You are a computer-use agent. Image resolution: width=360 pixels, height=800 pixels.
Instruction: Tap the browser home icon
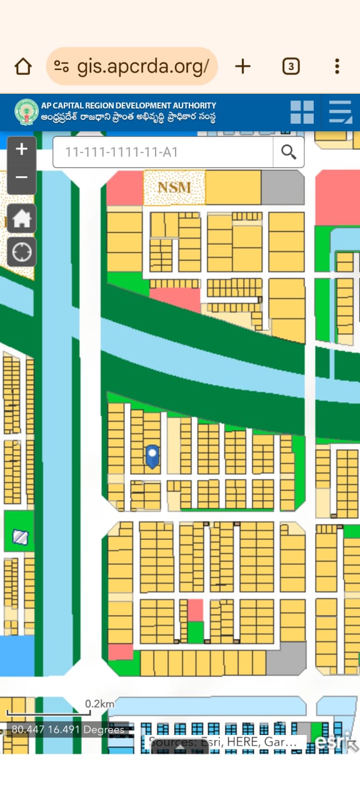tap(23, 66)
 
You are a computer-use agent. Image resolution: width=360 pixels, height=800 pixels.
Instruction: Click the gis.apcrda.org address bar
tap(132, 66)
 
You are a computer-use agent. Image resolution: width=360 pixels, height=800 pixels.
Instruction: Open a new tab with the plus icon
tap(242, 66)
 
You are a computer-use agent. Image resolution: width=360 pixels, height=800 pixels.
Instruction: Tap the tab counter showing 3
tap(291, 66)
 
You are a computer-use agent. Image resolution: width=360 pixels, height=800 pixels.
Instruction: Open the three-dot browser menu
tap(337, 66)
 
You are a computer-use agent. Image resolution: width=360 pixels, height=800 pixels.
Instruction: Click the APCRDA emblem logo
tap(26, 112)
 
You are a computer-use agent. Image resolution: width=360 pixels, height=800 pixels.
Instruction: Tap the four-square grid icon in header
tap(302, 112)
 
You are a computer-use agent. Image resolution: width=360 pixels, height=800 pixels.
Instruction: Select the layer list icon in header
tap(341, 112)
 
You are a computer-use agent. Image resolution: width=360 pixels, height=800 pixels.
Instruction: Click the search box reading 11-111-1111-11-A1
tap(162, 152)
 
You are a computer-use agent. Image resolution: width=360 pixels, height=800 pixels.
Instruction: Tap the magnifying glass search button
tap(289, 152)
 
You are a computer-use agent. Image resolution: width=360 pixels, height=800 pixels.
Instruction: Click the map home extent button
tap(22, 219)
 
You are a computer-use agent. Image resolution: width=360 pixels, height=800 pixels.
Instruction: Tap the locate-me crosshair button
tap(22, 252)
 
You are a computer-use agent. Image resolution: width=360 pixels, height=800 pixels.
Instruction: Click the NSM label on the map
tap(174, 187)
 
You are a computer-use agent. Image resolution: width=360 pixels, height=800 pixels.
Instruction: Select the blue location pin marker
tap(152, 456)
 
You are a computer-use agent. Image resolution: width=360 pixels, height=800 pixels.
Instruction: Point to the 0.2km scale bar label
tap(100, 704)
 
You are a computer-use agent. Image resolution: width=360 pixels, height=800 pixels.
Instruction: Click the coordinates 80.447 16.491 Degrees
tap(67, 729)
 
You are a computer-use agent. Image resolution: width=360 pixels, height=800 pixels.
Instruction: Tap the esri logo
tap(331, 741)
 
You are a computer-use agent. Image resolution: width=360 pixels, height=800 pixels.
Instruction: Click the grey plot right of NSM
tap(282, 187)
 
